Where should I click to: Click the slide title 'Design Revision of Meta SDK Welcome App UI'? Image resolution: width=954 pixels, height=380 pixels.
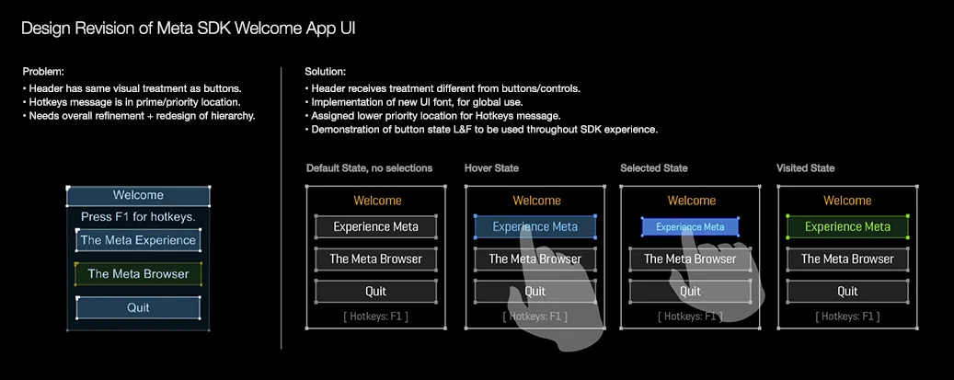[189, 29]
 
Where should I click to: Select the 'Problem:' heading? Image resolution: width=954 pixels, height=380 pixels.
[43, 72]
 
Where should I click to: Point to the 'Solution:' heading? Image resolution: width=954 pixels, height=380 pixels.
[325, 72]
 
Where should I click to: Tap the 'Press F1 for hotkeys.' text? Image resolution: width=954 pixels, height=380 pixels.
[138, 217]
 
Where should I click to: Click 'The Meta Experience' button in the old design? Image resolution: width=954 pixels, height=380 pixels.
[138, 240]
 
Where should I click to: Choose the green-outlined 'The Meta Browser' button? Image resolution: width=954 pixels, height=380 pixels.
[138, 273]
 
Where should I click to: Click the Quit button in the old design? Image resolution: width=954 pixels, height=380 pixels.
[138, 307]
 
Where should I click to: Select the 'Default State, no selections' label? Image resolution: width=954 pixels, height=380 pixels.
[369, 168]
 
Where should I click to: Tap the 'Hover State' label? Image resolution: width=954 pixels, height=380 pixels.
[492, 168]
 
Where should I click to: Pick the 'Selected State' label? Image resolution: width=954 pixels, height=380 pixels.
[654, 168]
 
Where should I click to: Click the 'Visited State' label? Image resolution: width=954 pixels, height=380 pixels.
[806, 168]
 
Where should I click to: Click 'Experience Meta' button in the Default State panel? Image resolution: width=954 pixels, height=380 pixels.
[375, 226]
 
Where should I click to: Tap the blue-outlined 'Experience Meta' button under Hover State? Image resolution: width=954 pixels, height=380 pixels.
[534, 226]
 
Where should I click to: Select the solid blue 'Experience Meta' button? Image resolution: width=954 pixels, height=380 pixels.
[690, 226]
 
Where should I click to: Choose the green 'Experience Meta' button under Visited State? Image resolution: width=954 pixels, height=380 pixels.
[847, 226]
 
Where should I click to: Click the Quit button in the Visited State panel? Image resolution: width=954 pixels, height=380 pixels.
[847, 291]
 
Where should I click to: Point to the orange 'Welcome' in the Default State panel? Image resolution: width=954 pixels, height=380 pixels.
[377, 201]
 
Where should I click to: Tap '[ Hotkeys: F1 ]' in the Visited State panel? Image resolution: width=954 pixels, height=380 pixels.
[847, 317]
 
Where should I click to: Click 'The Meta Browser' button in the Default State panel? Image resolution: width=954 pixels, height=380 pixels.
[375, 259]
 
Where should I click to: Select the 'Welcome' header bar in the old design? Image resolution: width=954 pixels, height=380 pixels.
[138, 195]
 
